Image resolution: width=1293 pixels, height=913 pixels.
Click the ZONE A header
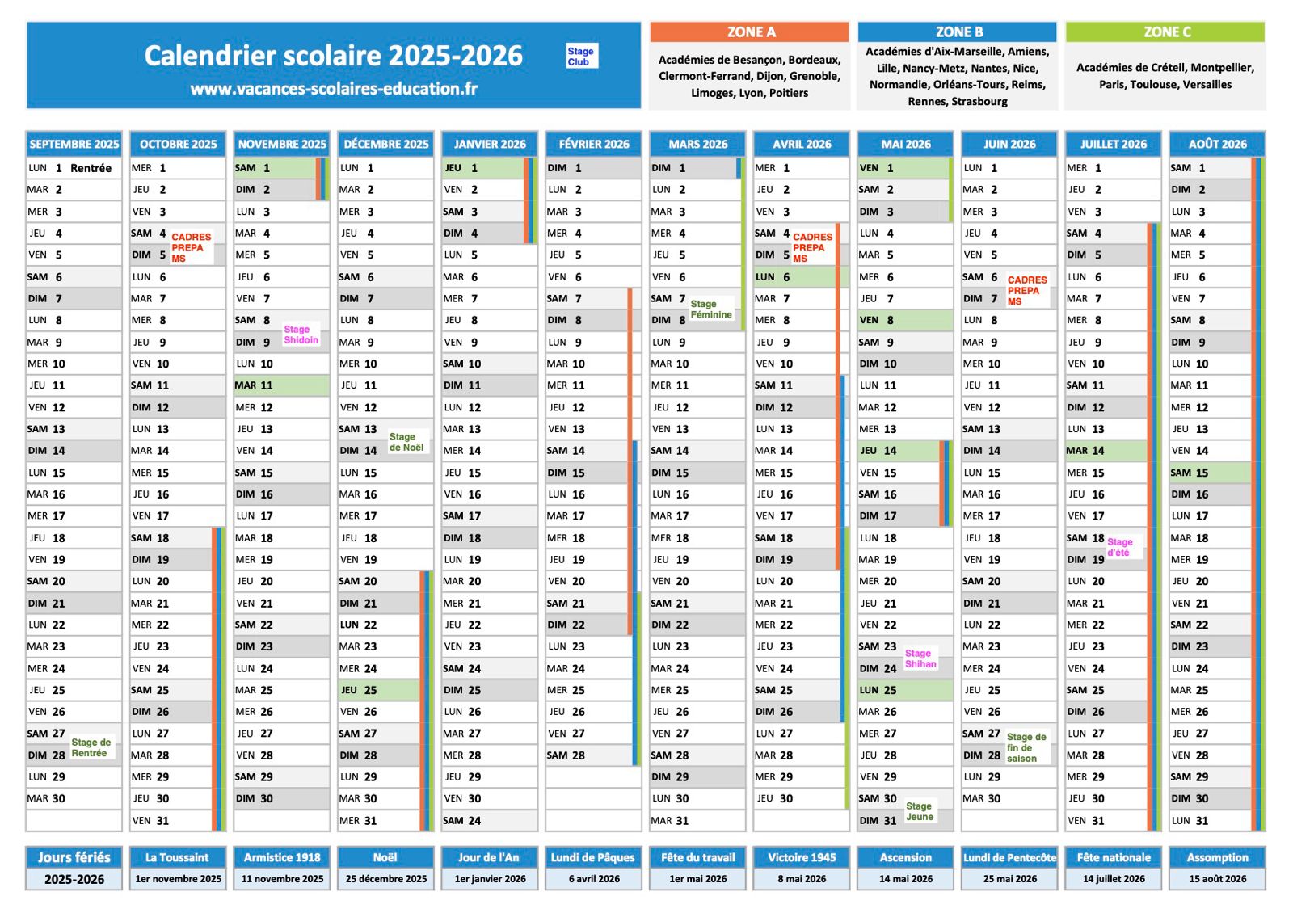point(750,32)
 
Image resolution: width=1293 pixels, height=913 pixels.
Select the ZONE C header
point(1166,32)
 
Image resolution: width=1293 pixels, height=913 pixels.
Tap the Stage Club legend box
point(581,56)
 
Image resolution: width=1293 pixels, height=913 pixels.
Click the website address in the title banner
point(334,88)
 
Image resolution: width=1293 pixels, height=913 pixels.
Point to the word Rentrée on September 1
point(91,168)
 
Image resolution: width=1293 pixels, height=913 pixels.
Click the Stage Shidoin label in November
point(301,334)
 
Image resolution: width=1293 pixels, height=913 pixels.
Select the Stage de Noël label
point(406,442)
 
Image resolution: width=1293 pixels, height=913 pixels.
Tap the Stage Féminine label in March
point(711,309)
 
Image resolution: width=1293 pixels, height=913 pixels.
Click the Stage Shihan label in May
point(920,658)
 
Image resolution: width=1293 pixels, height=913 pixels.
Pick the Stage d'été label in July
point(1120,547)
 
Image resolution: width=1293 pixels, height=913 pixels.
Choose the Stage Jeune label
point(920,811)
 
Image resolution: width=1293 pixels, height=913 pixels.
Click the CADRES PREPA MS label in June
point(1027,290)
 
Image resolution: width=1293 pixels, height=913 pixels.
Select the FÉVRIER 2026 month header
point(593,144)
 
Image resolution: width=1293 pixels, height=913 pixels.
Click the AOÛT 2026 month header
point(1217,144)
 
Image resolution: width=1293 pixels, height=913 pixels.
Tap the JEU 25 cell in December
point(379,690)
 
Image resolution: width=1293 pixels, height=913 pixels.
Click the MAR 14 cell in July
point(1106,451)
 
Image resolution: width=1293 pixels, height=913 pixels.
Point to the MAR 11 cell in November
point(282,385)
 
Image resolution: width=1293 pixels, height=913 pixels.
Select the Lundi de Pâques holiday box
point(593,868)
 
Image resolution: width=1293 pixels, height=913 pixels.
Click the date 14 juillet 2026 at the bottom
point(1114,879)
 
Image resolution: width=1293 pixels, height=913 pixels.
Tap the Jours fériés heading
point(74,857)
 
